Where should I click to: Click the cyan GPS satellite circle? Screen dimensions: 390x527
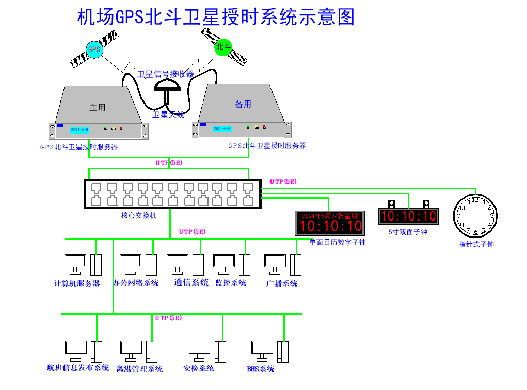[x=94, y=49]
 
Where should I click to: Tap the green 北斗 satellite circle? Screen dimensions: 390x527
[x=223, y=47]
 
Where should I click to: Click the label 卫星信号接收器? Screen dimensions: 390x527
[x=166, y=74]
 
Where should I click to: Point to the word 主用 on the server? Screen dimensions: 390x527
[x=97, y=108]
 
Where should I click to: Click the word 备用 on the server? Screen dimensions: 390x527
[x=243, y=104]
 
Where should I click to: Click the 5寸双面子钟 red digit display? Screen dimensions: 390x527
[x=408, y=216]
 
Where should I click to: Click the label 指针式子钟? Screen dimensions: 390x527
[x=476, y=244]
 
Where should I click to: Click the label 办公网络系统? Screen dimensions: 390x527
[x=136, y=283]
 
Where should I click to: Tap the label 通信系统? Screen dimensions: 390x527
[x=191, y=282]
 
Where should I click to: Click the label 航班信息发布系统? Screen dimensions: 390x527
[x=78, y=368]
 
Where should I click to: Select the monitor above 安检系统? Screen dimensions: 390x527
[x=200, y=349]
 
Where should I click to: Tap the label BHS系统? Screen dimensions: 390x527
[x=260, y=369]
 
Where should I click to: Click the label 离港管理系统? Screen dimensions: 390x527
[x=139, y=369]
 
